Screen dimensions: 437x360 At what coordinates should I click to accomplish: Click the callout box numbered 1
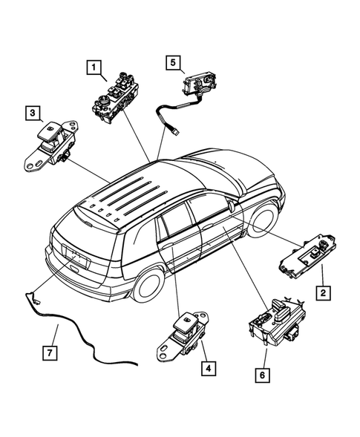click(x=95, y=69)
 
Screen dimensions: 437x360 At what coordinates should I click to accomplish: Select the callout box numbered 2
click(x=322, y=292)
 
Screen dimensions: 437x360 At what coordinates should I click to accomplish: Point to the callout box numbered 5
click(x=171, y=63)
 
